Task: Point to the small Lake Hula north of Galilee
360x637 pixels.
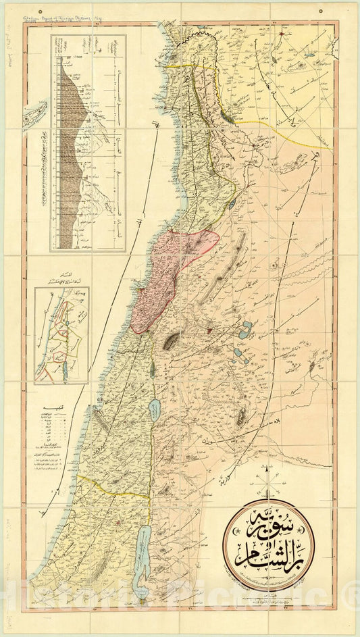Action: coord(153,369)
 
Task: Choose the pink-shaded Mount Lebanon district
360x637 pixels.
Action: coord(169,270)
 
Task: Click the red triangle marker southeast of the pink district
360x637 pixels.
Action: coord(209,331)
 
